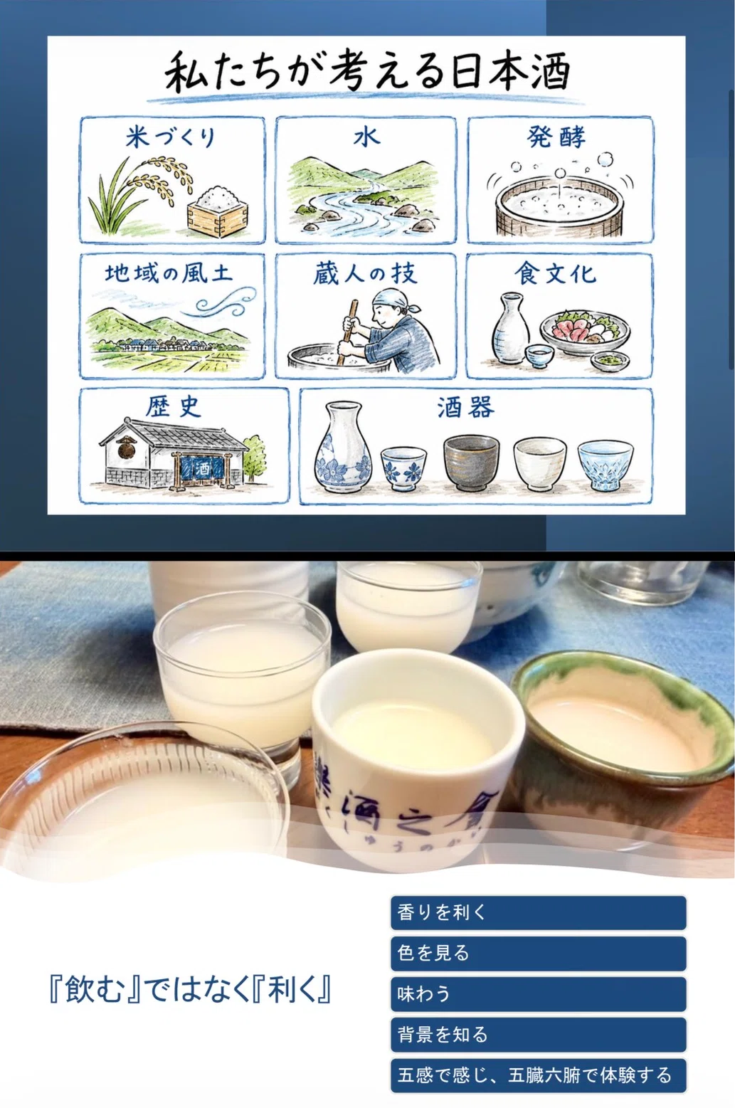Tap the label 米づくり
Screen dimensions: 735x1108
click(171, 137)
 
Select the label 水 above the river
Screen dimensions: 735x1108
click(366, 137)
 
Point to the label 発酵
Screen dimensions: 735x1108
click(556, 137)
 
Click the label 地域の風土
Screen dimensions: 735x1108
click(168, 273)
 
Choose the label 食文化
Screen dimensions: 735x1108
click(555, 273)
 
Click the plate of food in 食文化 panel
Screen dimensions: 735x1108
click(585, 330)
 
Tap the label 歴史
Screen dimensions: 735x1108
click(173, 407)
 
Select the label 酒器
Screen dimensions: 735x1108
click(465, 408)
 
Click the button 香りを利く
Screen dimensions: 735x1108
click(538, 912)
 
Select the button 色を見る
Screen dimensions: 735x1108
click(538, 953)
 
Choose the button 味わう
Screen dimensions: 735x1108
click(538, 993)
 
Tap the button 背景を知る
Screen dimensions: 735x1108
click(538, 1034)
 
